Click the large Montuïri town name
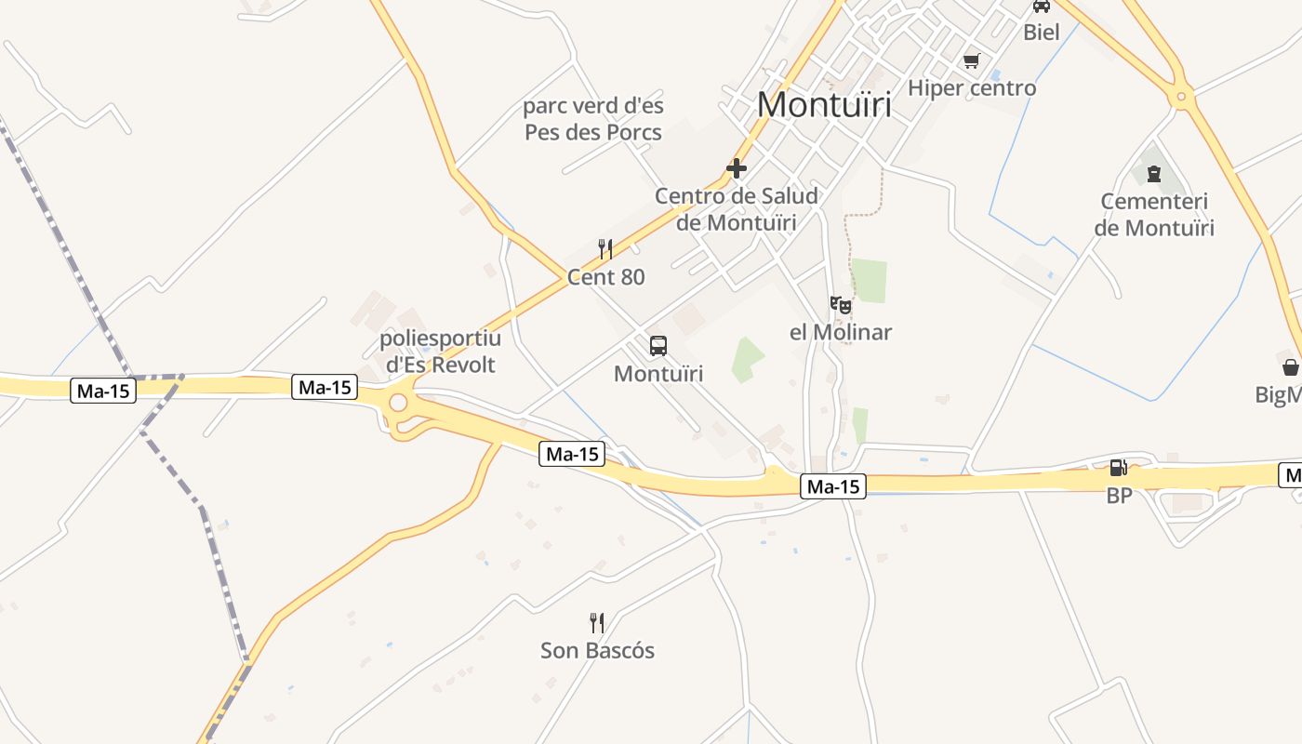tap(824, 104)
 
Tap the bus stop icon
tap(658, 346)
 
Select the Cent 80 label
tap(605, 277)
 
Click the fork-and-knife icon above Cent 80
tap(605, 248)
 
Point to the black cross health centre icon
tap(737, 168)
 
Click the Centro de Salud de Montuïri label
tap(737, 209)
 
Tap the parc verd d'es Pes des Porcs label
tap(593, 119)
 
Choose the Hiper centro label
tap(971, 88)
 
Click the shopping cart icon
tap(972, 60)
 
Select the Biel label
tap(1041, 33)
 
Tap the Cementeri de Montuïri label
tap(1154, 215)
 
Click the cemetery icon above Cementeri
tap(1154, 173)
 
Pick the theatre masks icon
tap(841, 304)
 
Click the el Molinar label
tap(841, 332)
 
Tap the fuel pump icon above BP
tap(1119, 467)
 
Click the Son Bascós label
tap(597, 651)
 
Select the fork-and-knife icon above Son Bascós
tap(597, 622)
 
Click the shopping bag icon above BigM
tap(1291, 367)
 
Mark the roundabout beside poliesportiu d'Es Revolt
tap(399, 403)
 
